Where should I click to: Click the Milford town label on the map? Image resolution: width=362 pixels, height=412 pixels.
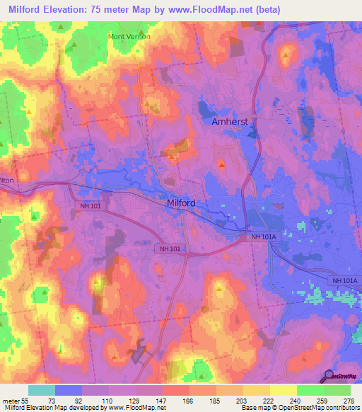[x=180, y=203]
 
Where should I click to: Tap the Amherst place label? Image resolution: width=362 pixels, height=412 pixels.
[x=230, y=122]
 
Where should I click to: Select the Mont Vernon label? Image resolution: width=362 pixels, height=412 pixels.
[x=129, y=36]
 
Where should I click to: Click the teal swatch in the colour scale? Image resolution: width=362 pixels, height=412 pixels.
[x=41, y=390]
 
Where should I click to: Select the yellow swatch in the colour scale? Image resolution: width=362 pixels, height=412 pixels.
[x=283, y=390]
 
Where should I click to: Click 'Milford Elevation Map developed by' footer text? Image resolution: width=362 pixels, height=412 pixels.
[x=52, y=408]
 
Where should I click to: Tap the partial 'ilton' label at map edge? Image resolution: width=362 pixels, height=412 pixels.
[x=6, y=181]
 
